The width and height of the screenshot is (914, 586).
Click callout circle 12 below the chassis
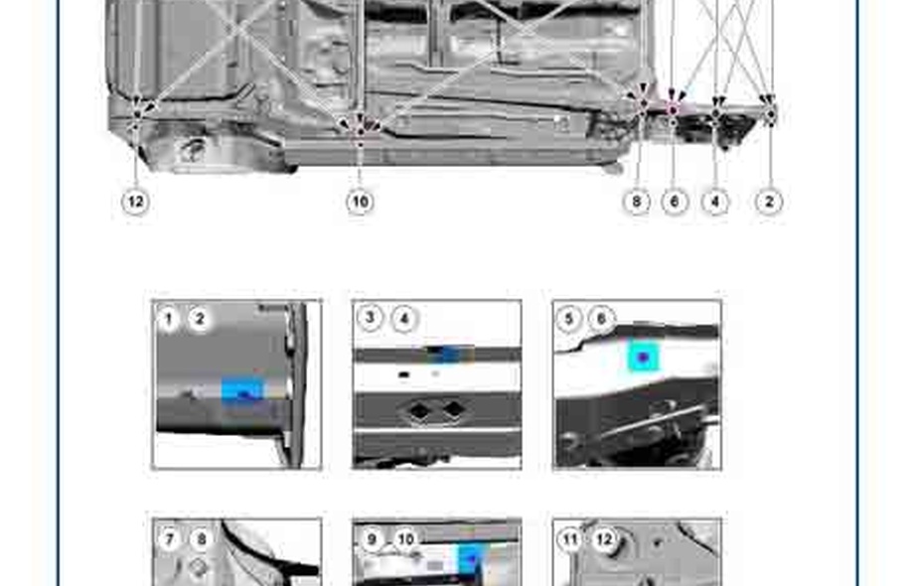click(x=135, y=203)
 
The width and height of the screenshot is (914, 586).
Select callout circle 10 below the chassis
click(x=360, y=203)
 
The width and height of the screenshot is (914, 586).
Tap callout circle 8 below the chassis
click(x=637, y=203)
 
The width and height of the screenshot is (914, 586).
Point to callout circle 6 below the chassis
click(x=675, y=203)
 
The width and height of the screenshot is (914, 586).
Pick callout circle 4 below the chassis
click(x=715, y=203)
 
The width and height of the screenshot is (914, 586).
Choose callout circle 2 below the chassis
click(x=769, y=203)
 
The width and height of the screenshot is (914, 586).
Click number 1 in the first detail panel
click(x=169, y=319)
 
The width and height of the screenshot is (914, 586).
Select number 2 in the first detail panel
click(x=200, y=319)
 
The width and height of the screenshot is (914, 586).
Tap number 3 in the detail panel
click(x=369, y=318)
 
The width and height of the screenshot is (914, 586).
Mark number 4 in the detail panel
click(x=404, y=319)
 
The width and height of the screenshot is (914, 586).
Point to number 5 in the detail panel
click(x=569, y=319)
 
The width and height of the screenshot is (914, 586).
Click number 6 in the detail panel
click(x=602, y=319)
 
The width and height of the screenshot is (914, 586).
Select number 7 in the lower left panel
click(x=169, y=539)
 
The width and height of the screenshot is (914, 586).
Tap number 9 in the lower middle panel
click(x=372, y=539)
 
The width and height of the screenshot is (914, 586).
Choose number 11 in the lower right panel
click(x=570, y=539)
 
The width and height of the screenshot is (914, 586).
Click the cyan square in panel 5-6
click(x=643, y=358)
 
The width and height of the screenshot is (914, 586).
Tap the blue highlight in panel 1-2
click(x=242, y=389)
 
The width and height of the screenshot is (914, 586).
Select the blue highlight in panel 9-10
click(x=471, y=560)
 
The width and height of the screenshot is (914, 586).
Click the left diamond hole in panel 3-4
click(x=418, y=410)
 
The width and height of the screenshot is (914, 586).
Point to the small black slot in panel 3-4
click(x=403, y=374)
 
